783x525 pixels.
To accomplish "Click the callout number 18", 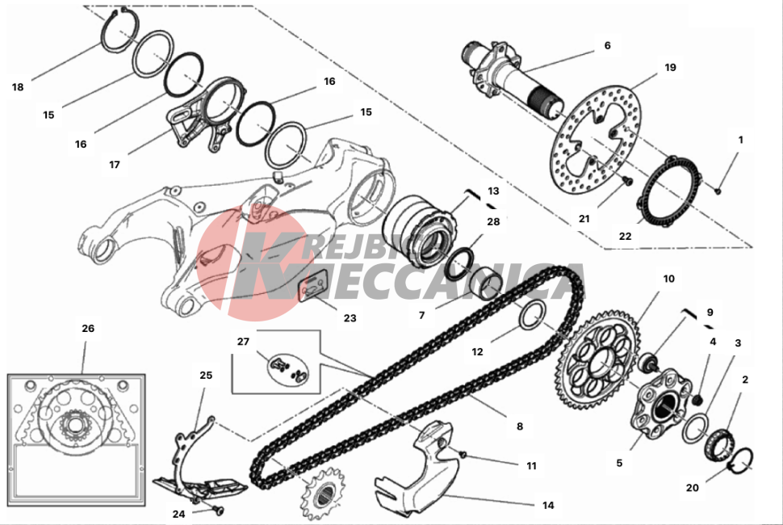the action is point(18,87).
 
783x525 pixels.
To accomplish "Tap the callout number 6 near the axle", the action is point(607,45).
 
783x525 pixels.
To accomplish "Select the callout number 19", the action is point(670,67).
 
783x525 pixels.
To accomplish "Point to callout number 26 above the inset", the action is point(88,329).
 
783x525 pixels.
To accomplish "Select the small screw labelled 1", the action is point(718,191).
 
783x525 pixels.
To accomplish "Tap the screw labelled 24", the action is point(216,510).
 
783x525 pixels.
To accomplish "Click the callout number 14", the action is point(548,506).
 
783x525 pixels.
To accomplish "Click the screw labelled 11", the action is point(462,455).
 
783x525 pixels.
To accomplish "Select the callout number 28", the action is point(493,222).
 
